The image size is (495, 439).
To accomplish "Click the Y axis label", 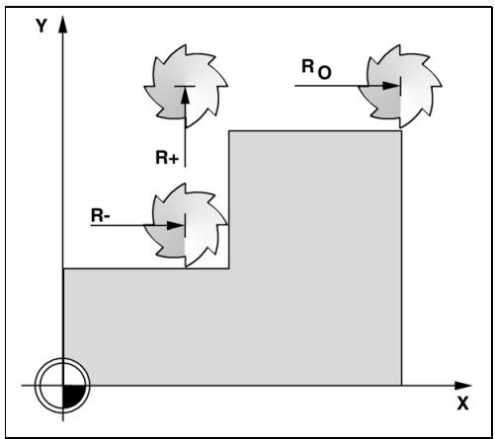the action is [41, 26].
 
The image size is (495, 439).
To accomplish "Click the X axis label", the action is [462, 403].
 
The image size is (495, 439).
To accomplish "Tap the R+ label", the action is [167, 158].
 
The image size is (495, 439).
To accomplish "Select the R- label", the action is [101, 216].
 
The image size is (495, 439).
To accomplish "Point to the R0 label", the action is [316, 69].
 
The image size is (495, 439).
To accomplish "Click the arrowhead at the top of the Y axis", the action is [62, 24].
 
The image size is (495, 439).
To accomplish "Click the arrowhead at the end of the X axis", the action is [462, 386].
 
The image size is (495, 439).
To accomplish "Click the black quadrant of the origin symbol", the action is [73, 396].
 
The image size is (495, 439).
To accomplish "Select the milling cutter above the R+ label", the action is [186, 86].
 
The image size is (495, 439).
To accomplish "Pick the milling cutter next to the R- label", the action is [186, 225].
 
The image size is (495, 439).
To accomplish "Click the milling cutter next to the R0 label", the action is [400, 86].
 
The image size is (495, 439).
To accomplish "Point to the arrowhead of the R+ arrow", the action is [185, 95].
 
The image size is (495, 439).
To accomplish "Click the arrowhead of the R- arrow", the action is [175, 226].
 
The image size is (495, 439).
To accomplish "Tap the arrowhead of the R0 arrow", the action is [390, 86].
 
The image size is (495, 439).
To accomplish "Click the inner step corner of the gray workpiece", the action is [229, 268].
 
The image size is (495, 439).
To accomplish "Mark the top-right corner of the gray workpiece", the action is [401, 131].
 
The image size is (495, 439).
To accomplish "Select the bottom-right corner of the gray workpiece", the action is [401, 385].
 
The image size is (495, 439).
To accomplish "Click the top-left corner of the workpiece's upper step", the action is [229, 131].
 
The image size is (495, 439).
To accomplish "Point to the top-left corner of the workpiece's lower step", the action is [63, 268].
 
